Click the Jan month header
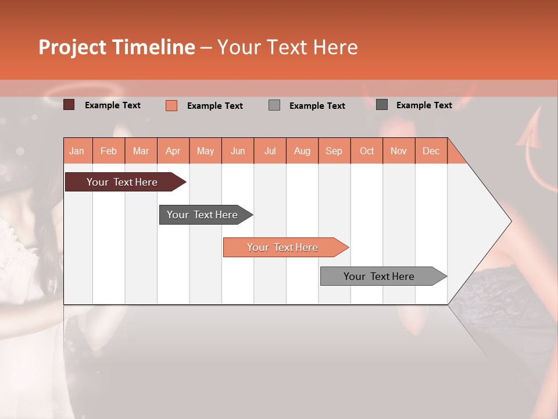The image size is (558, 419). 77,151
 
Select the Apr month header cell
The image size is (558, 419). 173,151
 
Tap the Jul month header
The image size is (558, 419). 270,151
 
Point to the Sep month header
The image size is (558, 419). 334,151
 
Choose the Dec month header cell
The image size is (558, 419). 431,151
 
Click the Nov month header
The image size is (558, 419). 398,151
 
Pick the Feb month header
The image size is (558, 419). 109,151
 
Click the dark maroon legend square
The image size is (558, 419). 69,105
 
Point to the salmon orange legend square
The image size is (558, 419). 171,105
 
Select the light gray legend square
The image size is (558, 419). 274,105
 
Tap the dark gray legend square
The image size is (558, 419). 382,105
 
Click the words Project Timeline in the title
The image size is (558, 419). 116,47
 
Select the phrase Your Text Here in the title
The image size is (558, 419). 287,47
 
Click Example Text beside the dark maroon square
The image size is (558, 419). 113,105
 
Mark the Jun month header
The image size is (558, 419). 238,151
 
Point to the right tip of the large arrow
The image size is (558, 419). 510,221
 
